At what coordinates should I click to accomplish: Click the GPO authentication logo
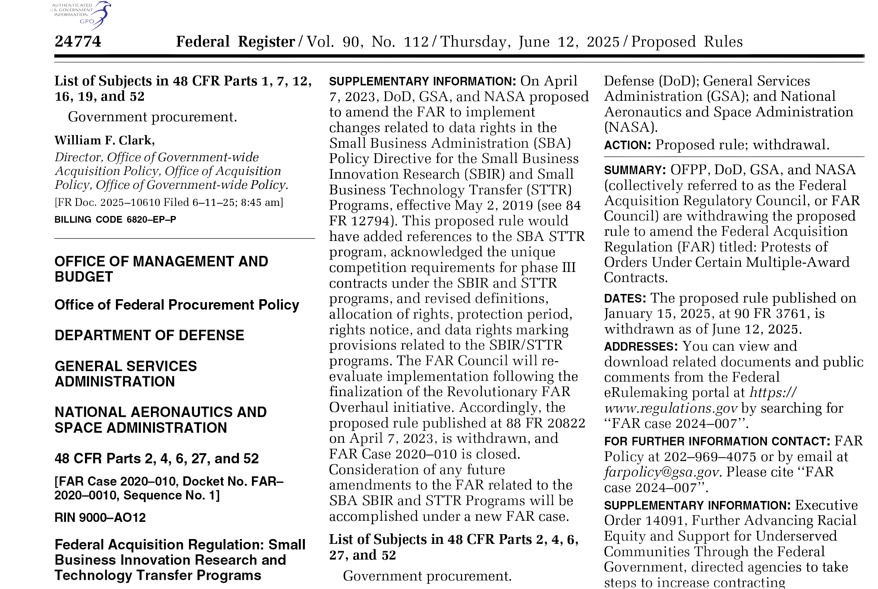click(x=80, y=15)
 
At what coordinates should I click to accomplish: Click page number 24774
click(x=78, y=41)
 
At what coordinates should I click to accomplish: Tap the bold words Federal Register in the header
click(x=236, y=42)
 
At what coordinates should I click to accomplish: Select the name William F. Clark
click(x=105, y=140)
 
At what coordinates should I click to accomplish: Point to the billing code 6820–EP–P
click(x=151, y=219)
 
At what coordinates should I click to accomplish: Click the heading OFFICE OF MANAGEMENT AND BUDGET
click(x=161, y=269)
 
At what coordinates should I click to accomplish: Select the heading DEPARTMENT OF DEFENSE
click(x=149, y=335)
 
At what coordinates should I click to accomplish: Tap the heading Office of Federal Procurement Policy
click(x=177, y=305)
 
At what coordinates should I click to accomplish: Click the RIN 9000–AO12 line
click(x=100, y=518)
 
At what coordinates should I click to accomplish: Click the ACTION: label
click(x=627, y=145)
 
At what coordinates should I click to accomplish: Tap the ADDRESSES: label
click(x=641, y=346)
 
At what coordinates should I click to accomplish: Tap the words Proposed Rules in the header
click(x=687, y=42)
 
